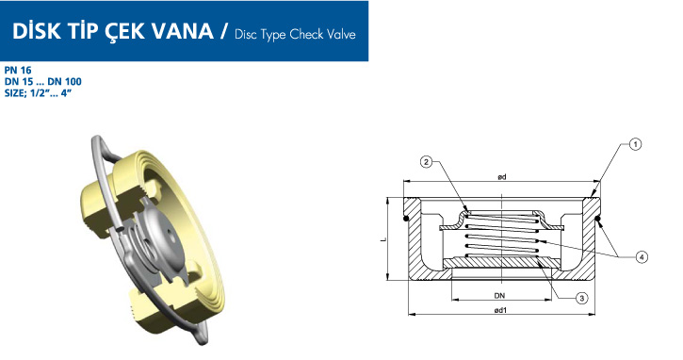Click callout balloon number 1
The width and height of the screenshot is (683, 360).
click(x=635, y=144)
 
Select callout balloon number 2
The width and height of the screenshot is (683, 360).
click(x=426, y=162)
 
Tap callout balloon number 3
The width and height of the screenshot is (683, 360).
click(x=581, y=298)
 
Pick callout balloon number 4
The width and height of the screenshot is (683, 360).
click(x=642, y=257)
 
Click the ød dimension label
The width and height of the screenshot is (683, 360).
click(x=502, y=176)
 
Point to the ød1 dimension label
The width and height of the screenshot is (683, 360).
click(x=501, y=310)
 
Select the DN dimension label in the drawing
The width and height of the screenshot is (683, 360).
click(x=499, y=296)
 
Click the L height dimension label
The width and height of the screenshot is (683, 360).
click(x=383, y=239)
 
